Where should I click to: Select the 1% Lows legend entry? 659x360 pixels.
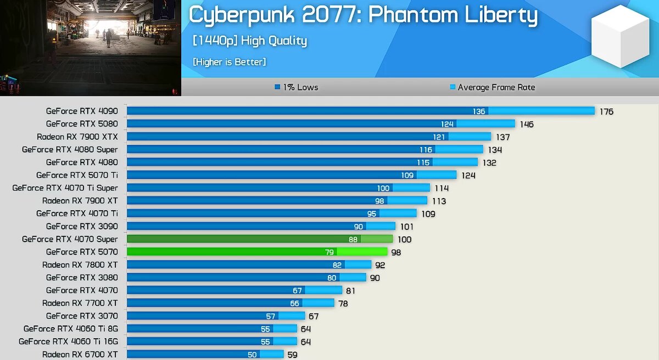(x=296, y=87)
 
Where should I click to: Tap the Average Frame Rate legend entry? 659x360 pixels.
(x=492, y=87)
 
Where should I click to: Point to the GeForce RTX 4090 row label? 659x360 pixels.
(x=82, y=111)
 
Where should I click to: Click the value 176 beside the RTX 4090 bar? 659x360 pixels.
(x=606, y=111)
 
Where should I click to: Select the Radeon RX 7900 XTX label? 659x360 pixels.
(x=77, y=137)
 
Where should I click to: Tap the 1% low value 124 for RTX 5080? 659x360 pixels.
(x=447, y=124)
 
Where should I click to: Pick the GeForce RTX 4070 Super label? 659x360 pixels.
(x=70, y=239)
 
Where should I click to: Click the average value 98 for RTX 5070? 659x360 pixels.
(x=396, y=252)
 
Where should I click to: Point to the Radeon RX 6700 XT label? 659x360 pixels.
(x=80, y=355)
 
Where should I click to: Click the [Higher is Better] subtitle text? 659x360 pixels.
(x=229, y=62)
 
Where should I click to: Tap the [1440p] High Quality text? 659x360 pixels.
(x=249, y=41)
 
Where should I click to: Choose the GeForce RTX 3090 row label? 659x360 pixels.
(x=82, y=226)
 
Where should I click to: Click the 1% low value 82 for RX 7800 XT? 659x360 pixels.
(x=337, y=265)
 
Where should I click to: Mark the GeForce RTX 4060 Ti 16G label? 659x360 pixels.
(x=68, y=341)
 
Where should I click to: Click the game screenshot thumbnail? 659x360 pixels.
(x=91, y=48)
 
